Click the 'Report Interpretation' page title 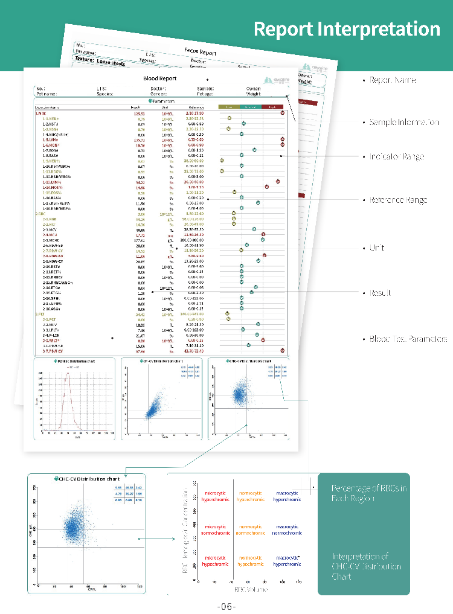pyautogui.click(x=347, y=29)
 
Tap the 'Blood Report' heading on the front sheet pyautogui.click(x=160, y=78)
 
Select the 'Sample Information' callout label pyautogui.click(x=404, y=123)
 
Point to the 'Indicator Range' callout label pyautogui.click(x=397, y=157)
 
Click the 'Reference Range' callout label pyautogui.click(x=399, y=200)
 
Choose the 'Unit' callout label pyautogui.click(x=377, y=248)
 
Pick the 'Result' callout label pyautogui.click(x=380, y=293)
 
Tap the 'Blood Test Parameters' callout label pyautogui.click(x=408, y=339)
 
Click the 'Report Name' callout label pyautogui.click(x=393, y=80)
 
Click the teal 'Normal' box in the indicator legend pyautogui.click(x=249, y=107)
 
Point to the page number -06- pyautogui.click(x=226, y=606)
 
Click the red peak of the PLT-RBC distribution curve pyautogui.click(x=68, y=373)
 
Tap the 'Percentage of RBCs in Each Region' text pyautogui.click(x=369, y=493)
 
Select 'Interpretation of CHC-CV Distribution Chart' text pyautogui.click(x=367, y=566)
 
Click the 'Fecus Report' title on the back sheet pyautogui.click(x=199, y=52)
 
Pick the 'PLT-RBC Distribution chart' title pyautogui.click(x=74, y=361)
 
